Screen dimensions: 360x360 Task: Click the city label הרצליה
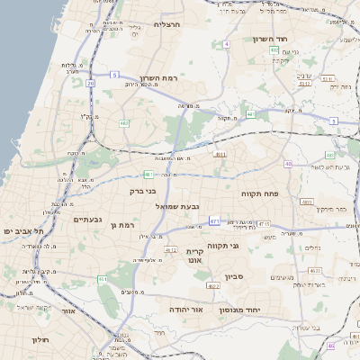[168, 24]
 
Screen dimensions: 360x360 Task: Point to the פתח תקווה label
[260, 193]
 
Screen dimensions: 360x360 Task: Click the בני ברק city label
[144, 191]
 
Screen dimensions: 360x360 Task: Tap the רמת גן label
[119, 224]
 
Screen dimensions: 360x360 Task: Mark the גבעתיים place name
[88, 219]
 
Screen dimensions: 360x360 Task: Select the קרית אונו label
[194, 255]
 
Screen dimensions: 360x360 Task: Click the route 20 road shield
[91, 83]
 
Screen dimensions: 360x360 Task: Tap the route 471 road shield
[214, 220]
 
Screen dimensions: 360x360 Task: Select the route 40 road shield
[288, 165]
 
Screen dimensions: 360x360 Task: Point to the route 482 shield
[123, 122]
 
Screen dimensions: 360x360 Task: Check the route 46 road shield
[330, 345]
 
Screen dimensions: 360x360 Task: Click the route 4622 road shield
[213, 285]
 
